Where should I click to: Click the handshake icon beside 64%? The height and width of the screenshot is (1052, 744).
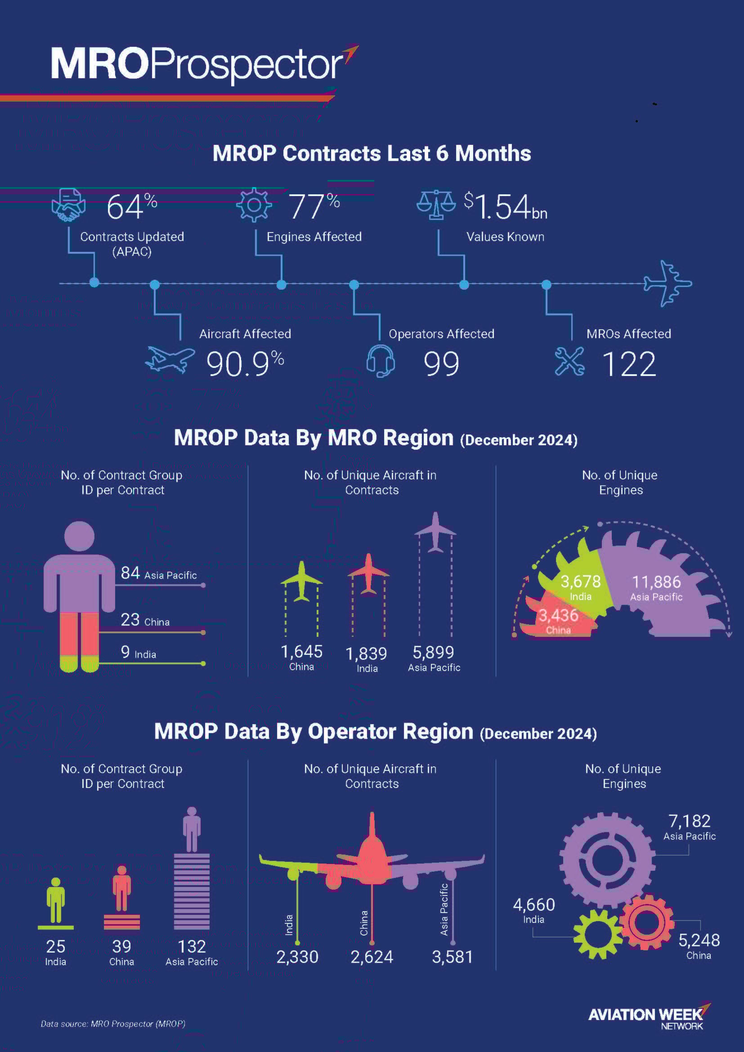[x=69, y=205]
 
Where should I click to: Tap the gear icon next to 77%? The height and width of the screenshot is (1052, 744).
[x=254, y=205]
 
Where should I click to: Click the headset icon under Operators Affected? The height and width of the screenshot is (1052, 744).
[x=381, y=361]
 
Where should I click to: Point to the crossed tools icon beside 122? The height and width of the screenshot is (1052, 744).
[x=569, y=362]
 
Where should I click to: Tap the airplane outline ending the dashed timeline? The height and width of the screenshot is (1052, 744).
[x=668, y=283]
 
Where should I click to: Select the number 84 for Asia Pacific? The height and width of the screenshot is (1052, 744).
[x=130, y=573]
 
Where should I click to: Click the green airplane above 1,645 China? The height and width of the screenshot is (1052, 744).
[x=301, y=581]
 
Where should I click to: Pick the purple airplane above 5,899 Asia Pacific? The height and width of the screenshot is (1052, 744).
[x=435, y=532]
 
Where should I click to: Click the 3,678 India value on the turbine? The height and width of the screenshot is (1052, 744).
[x=580, y=582]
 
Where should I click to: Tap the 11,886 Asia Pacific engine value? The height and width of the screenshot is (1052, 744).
[x=656, y=582]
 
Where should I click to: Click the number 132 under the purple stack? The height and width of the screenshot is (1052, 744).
[x=192, y=947]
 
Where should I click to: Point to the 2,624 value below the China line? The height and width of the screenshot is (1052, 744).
[x=372, y=957]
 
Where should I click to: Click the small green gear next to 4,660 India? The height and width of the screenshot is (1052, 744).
[x=597, y=934]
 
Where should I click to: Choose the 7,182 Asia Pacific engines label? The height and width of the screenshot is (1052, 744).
[x=689, y=822]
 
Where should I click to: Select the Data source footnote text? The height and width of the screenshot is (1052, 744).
[x=113, y=1024]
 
